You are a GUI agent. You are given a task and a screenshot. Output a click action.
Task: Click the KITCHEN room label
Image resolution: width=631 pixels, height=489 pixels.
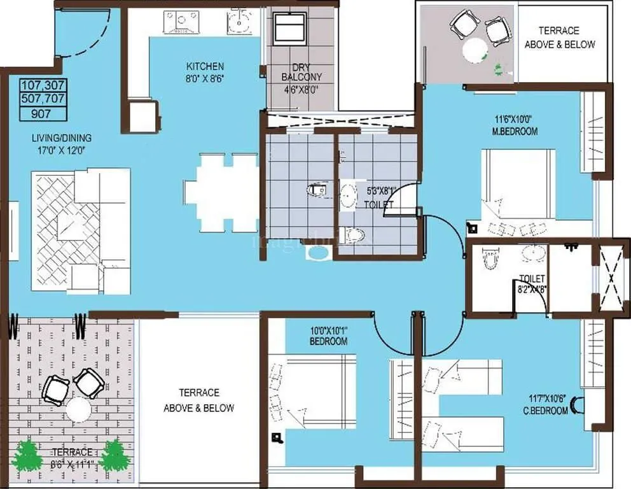coord(205,66)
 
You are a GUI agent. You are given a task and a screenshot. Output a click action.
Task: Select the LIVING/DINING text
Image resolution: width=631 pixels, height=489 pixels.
coord(62,138)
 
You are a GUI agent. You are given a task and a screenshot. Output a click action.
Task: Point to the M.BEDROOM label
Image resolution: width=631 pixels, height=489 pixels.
coord(515,132)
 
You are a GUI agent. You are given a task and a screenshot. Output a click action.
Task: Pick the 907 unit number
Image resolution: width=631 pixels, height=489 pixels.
coord(43,114)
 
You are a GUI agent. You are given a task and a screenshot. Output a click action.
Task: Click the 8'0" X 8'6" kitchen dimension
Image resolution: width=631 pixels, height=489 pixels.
coord(205,78)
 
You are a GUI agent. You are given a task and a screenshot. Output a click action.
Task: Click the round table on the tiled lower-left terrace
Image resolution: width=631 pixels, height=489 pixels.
coord(79,409)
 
